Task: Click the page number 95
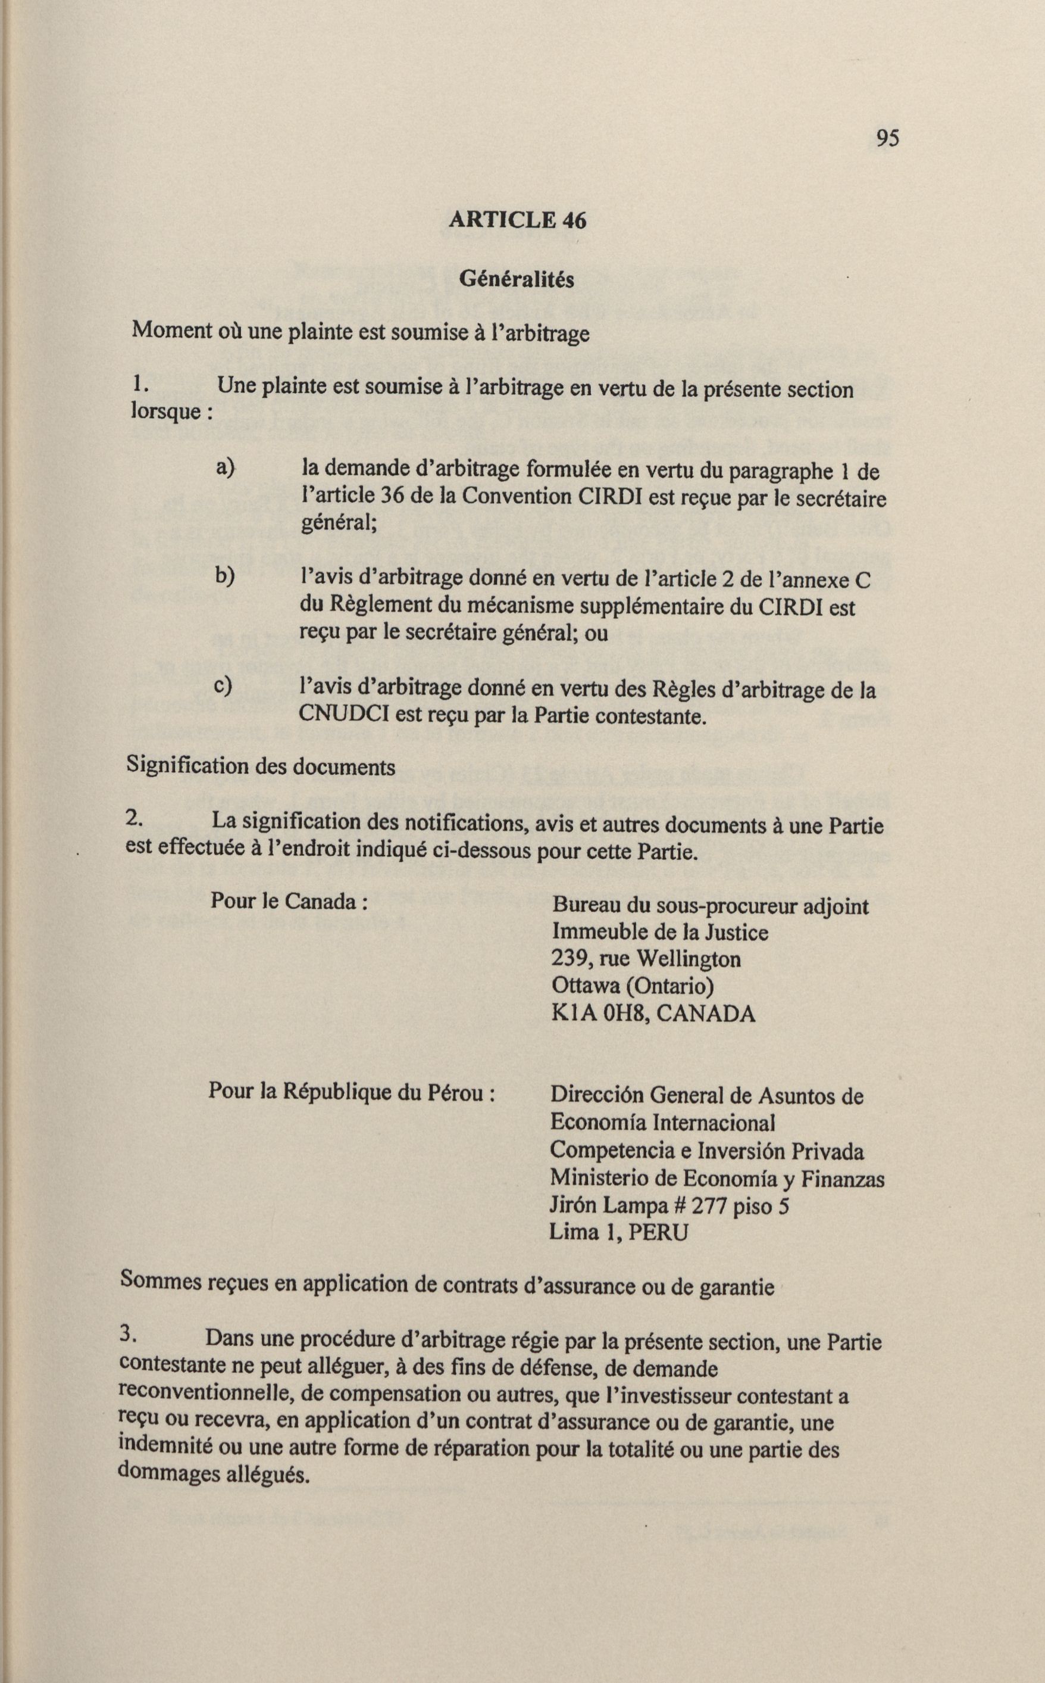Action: (887, 138)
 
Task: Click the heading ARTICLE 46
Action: (517, 220)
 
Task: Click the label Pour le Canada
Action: (288, 902)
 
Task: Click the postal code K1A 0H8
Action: (598, 1014)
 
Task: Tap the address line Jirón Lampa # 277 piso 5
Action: (669, 1206)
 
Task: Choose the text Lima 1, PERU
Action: (618, 1232)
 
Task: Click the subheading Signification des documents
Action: (261, 767)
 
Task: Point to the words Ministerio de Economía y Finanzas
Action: (717, 1179)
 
